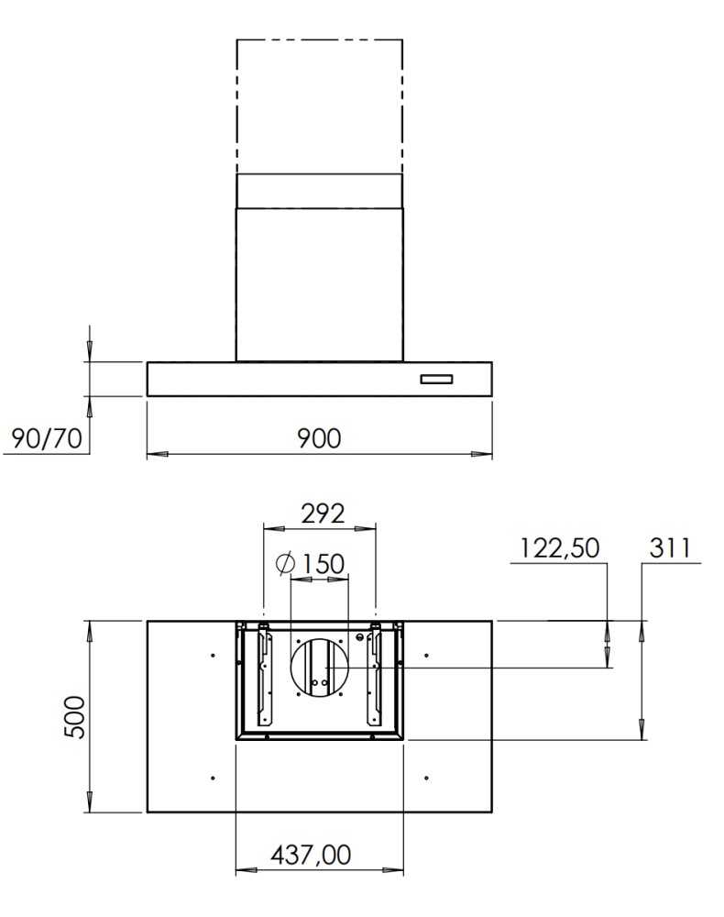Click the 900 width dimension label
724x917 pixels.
318,438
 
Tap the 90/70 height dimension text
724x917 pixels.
47,438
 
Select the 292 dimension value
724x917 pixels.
323,514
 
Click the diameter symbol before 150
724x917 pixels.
286,564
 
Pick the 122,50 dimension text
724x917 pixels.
559,548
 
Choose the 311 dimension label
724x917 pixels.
670,548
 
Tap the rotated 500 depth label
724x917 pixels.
75,717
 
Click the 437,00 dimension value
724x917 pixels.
311,855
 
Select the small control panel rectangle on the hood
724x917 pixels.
436,380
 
